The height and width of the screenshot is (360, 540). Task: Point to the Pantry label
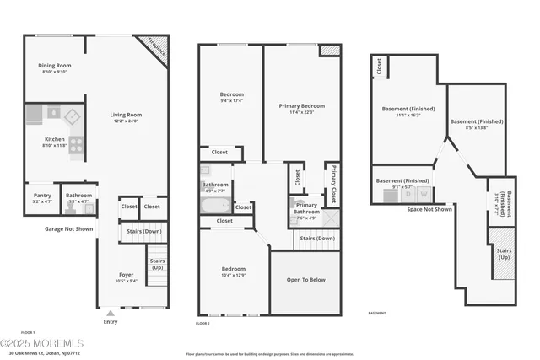[x=41, y=196]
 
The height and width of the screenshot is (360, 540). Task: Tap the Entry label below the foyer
[x=111, y=321]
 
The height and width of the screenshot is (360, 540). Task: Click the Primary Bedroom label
[x=301, y=107]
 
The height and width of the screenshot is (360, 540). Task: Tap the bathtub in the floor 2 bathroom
[x=216, y=205]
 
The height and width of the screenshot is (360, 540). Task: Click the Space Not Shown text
[x=429, y=209]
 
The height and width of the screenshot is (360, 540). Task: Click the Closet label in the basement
[x=380, y=67]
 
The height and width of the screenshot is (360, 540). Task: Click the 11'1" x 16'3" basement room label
[x=409, y=111]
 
